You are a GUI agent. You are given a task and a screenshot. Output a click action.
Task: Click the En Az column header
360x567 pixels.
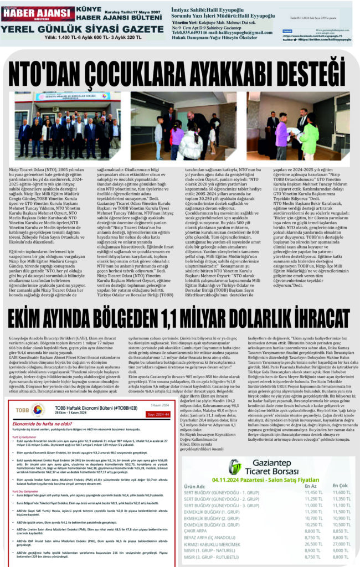pos(310,485)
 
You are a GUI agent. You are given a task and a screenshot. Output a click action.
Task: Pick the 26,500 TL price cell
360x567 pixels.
pos(313,544)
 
